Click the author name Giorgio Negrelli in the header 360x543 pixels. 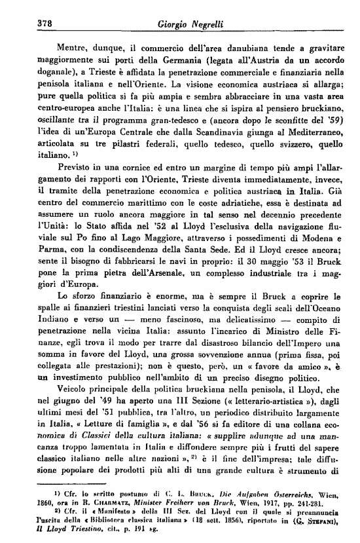pos(190,24)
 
